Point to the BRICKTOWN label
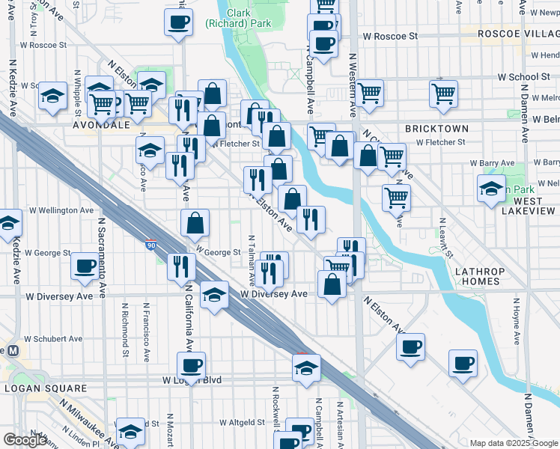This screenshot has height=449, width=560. (x=436, y=129)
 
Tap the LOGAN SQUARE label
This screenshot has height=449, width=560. (x=46, y=388)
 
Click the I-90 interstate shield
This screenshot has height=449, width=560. (x=152, y=244)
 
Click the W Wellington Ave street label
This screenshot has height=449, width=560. (x=59, y=211)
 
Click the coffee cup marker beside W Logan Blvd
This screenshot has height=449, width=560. (x=191, y=365)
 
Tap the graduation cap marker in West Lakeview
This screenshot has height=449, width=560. (x=491, y=188)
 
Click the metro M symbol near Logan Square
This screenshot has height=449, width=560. (x=12, y=351)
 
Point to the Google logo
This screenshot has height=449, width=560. (x=25, y=440)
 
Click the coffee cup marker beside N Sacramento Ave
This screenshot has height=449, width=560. (x=85, y=266)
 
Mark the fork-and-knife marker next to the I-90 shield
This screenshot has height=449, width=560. (x=180, y=266)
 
